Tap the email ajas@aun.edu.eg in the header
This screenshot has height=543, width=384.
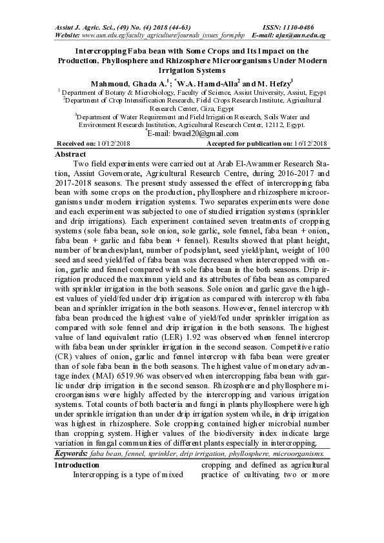(x=301, y=35)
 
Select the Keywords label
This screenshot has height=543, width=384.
(x=72, y=455)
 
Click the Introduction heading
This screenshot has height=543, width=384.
(x=78, y=465)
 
